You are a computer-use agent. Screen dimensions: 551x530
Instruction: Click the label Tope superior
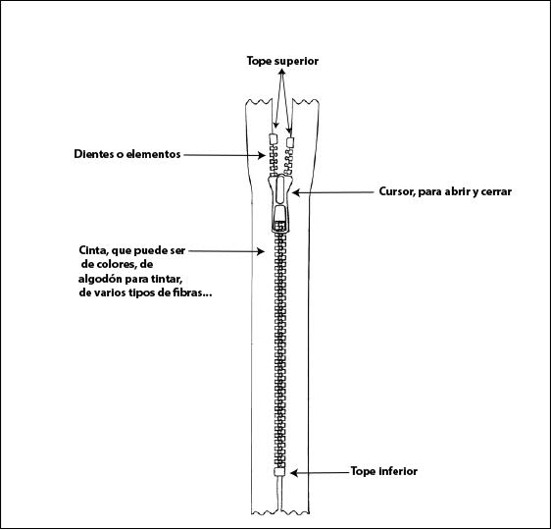[282, 61]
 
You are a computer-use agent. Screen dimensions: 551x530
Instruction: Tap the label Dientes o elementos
[127, 154]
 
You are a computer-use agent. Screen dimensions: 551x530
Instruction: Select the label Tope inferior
[384, 471]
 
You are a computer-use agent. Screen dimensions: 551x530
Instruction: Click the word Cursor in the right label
[397, 192]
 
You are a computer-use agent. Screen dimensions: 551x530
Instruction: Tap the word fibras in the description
[187, 292]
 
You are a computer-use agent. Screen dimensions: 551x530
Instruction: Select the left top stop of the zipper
[274, 139]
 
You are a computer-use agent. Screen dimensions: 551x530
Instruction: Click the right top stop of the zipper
[290, 142]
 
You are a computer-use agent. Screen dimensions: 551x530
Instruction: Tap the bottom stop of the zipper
[279, 472]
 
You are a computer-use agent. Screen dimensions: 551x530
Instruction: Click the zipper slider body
[280, 203]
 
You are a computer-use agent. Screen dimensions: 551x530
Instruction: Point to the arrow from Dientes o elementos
[225, 155]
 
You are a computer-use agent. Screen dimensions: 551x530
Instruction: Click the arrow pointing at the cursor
[332, 192]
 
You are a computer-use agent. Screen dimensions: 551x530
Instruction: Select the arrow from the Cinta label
[226, 251]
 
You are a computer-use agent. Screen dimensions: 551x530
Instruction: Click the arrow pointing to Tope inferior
[321, 473]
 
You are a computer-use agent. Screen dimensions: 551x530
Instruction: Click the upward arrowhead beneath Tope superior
[281, 72]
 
